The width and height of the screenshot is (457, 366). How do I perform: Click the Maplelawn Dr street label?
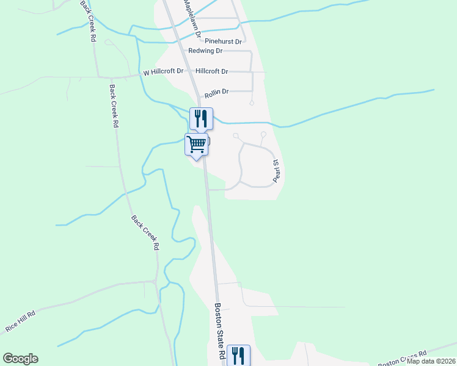pos(190,16)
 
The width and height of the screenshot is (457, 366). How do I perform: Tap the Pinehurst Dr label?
pos(223,41)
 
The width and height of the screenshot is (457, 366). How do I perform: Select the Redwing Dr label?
pos(205,51)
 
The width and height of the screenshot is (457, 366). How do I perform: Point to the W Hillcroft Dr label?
pos(163,72)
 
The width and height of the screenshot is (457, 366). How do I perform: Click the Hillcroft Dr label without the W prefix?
pos(211,71)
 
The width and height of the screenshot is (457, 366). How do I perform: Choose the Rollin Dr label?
pos(217,91)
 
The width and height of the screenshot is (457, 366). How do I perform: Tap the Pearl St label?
pos(276,171)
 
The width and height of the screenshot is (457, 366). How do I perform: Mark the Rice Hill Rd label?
pos(20,320)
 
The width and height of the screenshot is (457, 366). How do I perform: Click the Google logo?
pos(20,359)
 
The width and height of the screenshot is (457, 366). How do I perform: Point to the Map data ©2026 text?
pos(431,361)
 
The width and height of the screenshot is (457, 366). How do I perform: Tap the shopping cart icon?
pos(197,145)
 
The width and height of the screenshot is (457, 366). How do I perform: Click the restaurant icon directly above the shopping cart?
pos(201,118)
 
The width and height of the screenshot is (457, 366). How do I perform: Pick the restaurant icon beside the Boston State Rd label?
pos(238,355)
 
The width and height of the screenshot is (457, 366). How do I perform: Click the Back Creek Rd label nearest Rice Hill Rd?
pos(145,232)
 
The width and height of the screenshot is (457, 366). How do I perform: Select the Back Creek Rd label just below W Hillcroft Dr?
pos(114,105)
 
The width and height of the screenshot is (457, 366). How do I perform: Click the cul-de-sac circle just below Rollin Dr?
pos(252,103)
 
